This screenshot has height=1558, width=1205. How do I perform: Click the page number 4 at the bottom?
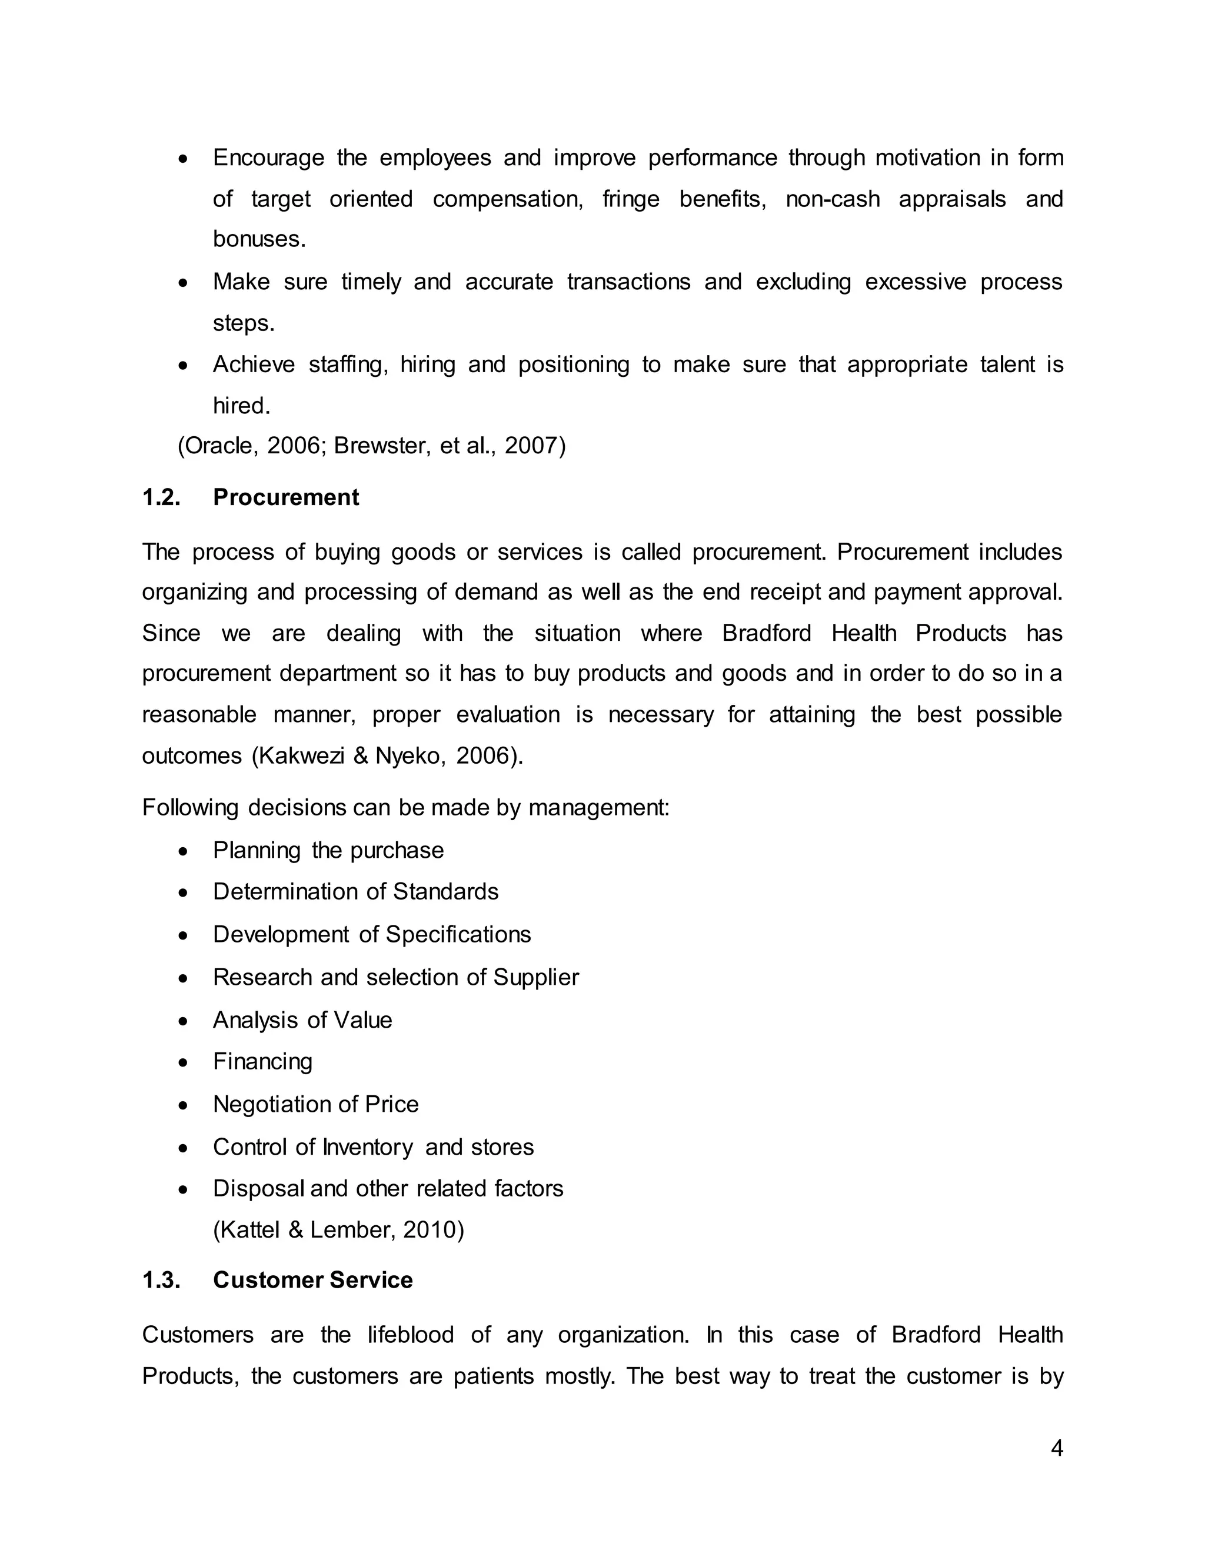coord(1057,1448)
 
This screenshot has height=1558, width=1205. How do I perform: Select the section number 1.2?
coord(161,497)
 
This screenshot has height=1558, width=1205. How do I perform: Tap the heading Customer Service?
coord(312,1280)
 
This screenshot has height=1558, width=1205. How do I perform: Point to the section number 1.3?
coord(161,1280)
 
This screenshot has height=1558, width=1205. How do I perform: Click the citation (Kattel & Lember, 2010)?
coord(338,1230)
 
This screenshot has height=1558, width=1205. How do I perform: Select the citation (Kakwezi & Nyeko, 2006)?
coord(388,755)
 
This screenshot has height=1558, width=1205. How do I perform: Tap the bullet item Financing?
coord(262,1061)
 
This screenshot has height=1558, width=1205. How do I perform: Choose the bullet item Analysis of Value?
coord(302,1020)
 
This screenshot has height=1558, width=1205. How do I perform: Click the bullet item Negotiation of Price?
coord(315,1104)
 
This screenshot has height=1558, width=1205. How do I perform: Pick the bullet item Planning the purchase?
coord(328,850)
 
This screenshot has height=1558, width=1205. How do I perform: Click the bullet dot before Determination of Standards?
coord(184,893)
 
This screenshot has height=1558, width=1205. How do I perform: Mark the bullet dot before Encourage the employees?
coord(184,158)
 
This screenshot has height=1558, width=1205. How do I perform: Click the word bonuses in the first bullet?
coord(258,239)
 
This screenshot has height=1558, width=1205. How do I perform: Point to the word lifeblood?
coord(411,1335)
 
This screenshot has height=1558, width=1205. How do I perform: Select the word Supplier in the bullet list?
coord(536,977)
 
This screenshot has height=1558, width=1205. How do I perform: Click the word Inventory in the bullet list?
coord(368,1147)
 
